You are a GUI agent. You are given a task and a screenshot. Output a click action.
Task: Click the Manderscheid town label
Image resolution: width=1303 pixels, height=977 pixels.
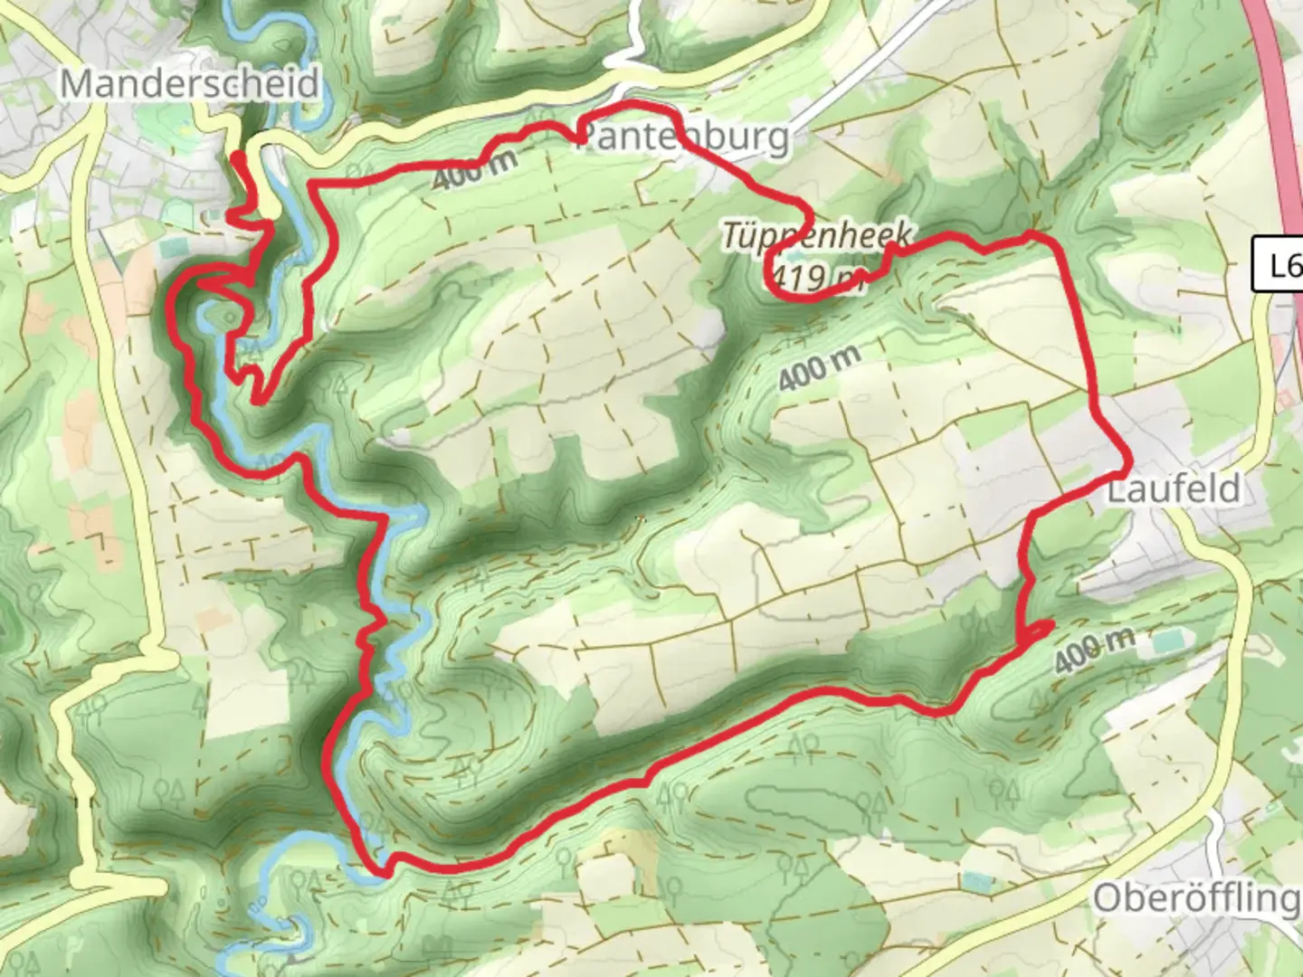tap(190, 84)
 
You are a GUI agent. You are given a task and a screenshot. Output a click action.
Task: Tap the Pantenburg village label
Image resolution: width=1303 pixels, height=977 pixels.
tap(683, 138)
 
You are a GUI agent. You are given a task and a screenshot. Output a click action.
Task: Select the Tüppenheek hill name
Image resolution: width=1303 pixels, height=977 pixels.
tap(814, 235)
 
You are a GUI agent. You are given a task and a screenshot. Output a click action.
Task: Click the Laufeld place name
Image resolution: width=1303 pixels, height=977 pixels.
tap(1175, 489)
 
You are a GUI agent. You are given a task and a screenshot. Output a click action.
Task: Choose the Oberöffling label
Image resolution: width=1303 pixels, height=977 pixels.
tap(1196, 898)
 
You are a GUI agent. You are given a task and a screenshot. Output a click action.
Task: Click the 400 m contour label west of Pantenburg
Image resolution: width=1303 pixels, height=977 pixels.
tap(474, 169)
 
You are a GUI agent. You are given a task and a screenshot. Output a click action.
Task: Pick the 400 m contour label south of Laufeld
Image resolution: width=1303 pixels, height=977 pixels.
tap(1093, 649)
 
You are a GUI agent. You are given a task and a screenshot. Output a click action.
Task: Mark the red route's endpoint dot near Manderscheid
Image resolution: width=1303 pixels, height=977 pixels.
tap(237, 158)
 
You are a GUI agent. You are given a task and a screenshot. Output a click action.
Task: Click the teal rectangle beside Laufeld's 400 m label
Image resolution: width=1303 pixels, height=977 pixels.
tap(1167, 643)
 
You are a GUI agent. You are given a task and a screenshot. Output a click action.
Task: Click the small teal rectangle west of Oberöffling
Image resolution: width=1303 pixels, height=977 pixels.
tap(977, 880)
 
